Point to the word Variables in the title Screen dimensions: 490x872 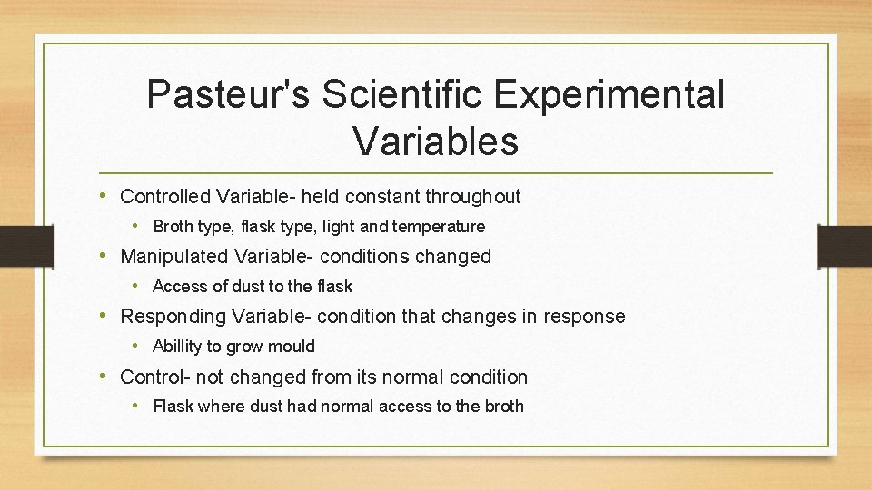click(x=435, y=141)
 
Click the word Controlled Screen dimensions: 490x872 click(x=166, y=196)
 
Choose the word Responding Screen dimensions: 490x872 click(x=173, y=317)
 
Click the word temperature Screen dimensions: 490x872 click(x=438, y=227)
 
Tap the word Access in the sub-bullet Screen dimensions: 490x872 click(x=179, y=287)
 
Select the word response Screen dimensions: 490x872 click(x=584, y=317)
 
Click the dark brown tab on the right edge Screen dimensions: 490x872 click(x=845, y=246)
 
